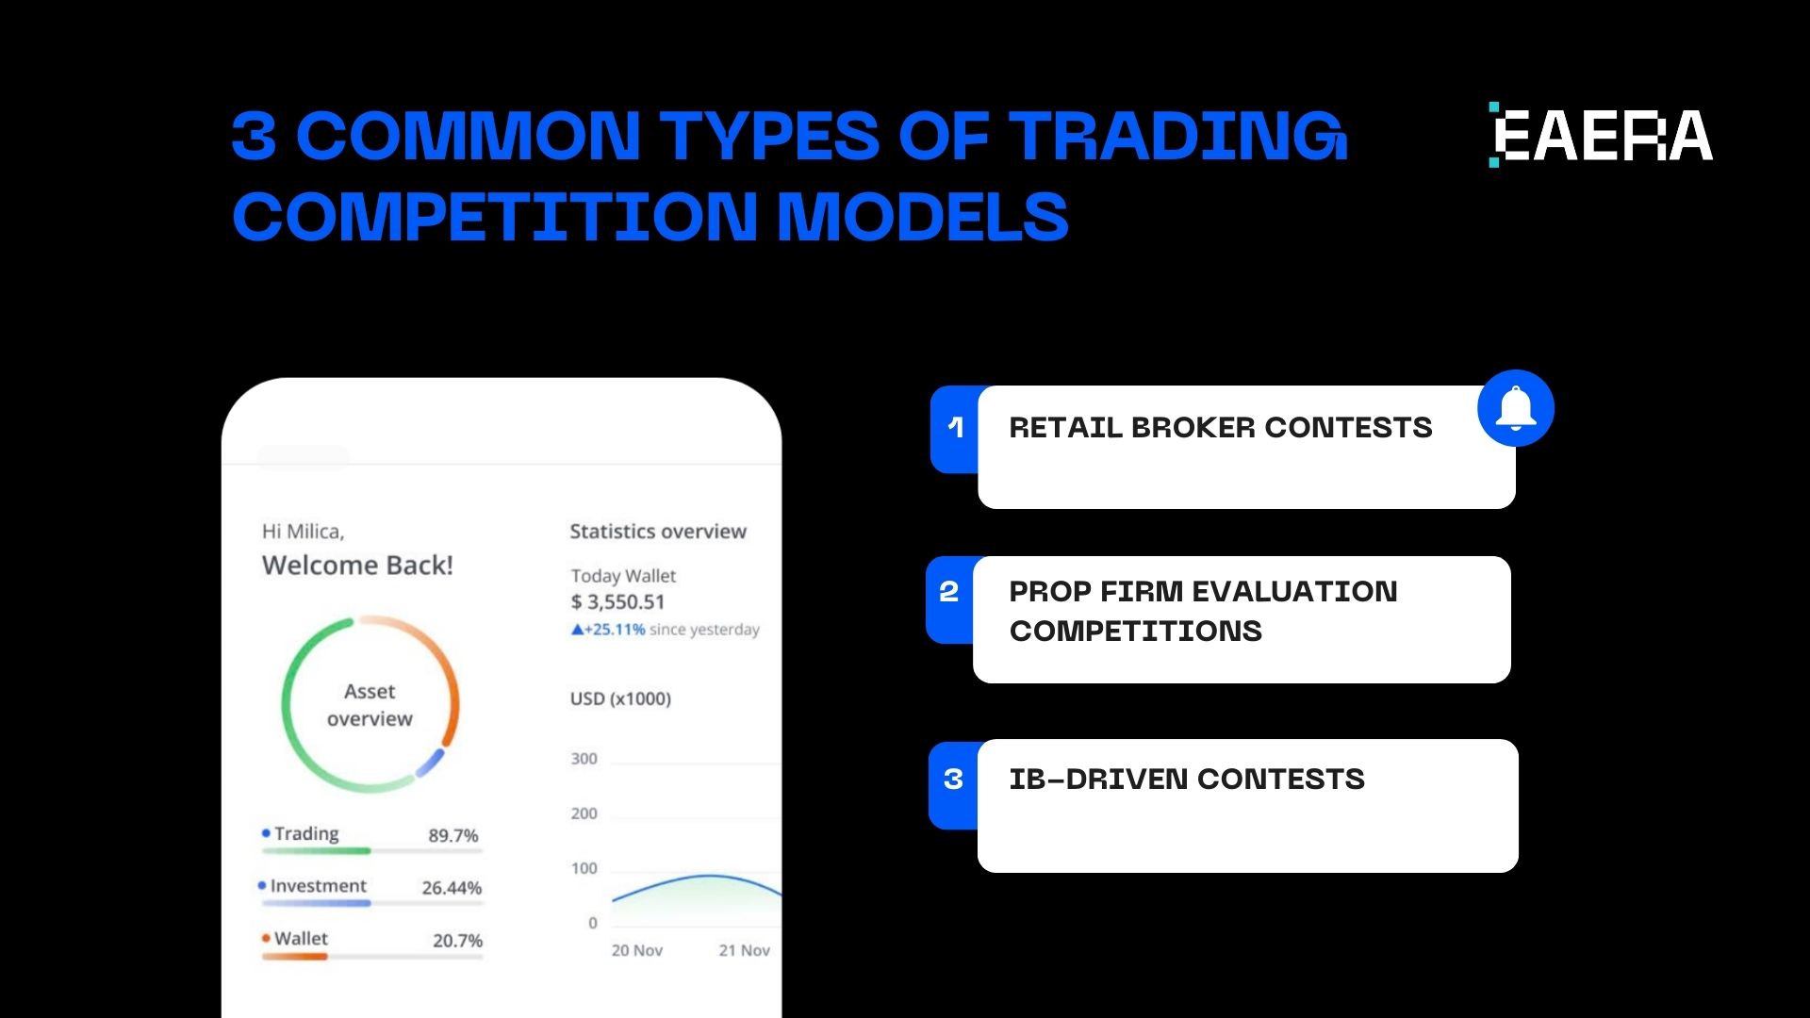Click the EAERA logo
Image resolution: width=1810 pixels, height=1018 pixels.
click(x=1601, y=136)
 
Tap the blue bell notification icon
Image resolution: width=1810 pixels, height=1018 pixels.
click(x=1515, y=408)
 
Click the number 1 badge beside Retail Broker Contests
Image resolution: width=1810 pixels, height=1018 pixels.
click(x=955, y=428)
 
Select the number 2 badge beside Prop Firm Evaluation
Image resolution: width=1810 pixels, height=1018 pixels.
click(x=949, y=592)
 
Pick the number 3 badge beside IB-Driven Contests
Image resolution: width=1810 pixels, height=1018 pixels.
click(x=953, y=780)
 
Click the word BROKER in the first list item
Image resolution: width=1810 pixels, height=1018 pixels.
click(x=1193, y=428)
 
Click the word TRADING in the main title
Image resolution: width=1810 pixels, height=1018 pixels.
click(x=1178, y=136)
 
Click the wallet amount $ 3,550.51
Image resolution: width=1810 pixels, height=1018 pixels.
click(x=617, y=602)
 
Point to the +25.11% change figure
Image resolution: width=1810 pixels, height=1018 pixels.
click(x=614, y=630)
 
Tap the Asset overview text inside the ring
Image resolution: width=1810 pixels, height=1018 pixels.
click(x=370, y=705)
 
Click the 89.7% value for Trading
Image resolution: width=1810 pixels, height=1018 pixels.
click(x=452, y=836)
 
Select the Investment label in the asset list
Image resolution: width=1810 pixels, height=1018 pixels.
click(x=318, y=886)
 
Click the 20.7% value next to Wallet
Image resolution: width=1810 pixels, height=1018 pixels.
click(x=457, y=941)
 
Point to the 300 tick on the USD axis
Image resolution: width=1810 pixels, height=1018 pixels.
click(x=584, y=759)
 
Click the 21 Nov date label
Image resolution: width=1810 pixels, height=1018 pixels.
click(x=744, y=950)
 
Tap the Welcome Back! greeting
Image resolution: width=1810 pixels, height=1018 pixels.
click(x=357, y=566)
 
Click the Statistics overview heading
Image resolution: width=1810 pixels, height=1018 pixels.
click(x=658, y=532)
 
